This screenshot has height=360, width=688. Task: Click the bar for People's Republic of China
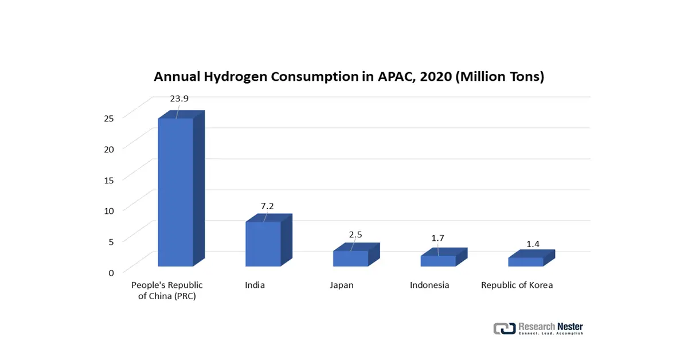[x=175, y=192]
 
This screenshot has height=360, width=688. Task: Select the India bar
[x=263, y=244]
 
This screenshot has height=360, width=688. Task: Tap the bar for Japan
[x=350, y=259]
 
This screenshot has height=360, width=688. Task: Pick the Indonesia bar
[x=438, y=261]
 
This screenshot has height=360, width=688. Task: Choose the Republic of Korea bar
[x=526, y=262]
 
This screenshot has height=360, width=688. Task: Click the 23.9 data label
[x=179, y=98]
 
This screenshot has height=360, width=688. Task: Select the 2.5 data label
[x=355, y=234]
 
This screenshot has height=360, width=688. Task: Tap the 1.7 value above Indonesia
[x=438, y=238]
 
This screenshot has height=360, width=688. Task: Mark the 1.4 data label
[x=533, y=244]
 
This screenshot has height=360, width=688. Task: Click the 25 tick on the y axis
[x=109, y=118]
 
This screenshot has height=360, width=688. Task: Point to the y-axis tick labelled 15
[x=109, y=179]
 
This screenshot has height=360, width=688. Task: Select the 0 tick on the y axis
[x=111, y=272]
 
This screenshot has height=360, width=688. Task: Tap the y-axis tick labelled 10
[x=109, y=210]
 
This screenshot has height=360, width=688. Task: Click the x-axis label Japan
[x=342, y=285]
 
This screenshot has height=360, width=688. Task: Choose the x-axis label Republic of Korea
[x=517, y=285]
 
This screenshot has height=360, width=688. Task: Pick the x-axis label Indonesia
[x=429, y=285]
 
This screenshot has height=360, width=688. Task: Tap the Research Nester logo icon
[x=505, y=328]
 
